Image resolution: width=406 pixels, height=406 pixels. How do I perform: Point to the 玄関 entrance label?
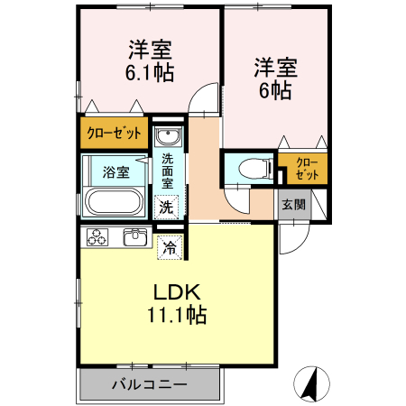point(293,204)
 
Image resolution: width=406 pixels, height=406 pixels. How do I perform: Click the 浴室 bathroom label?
point(114,171)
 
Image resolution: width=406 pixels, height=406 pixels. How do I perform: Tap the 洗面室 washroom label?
point(168,169)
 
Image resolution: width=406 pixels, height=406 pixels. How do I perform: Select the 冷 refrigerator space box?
point(169,245)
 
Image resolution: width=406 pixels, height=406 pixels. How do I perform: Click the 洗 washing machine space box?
point(166,207)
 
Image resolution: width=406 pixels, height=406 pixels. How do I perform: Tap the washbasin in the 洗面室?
point(167,137)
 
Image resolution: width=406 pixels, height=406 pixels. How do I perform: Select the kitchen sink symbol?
point(135,237)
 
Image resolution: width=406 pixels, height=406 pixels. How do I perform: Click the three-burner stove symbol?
point(97,238)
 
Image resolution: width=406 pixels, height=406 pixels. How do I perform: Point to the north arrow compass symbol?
point(311,383)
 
